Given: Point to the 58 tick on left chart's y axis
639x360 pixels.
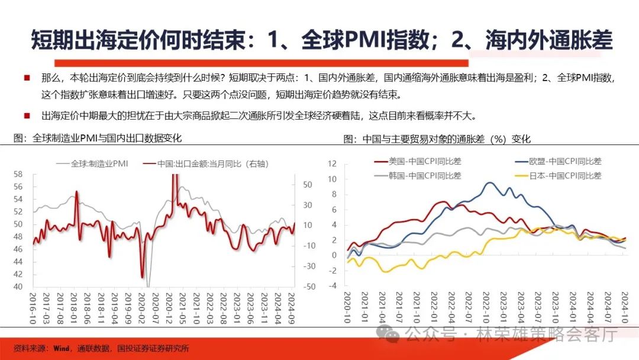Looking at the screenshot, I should [x=18, y=174].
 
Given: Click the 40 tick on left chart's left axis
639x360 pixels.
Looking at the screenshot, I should [x=18, y=287].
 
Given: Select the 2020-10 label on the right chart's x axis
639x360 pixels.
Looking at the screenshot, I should [x=348, y=307].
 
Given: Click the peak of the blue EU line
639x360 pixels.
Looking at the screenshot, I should [x=489, y=183].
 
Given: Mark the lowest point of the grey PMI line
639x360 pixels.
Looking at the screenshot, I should [x=148, y=285].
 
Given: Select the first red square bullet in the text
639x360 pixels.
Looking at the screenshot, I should [x=27, y=78].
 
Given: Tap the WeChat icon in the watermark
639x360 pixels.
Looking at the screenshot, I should [x=391, y=335].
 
